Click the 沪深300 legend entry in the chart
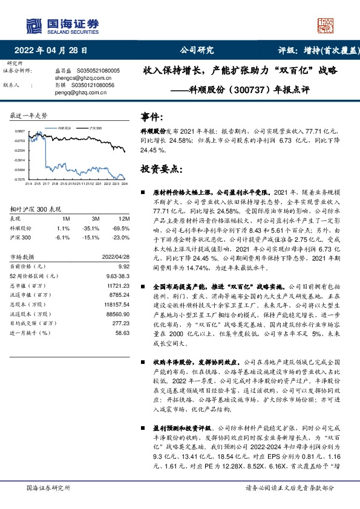point(96,128)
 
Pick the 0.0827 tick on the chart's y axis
point(19,131)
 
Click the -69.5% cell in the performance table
point(122,229)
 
